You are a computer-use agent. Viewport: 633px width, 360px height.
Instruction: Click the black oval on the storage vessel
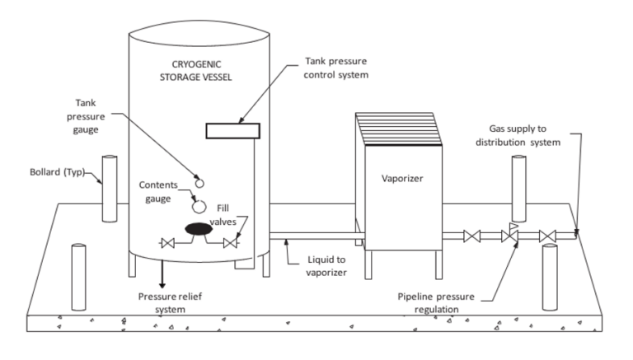click(199, 229)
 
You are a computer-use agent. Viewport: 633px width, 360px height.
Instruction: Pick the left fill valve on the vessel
click(168, 243)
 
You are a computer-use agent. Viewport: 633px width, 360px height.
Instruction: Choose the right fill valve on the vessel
click(230, 243)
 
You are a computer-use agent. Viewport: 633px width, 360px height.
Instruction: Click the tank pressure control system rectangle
click(234, 129)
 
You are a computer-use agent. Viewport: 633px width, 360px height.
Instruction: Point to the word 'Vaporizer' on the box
click(402, 178)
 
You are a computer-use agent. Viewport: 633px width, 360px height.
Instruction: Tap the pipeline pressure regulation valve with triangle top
click(510, 236)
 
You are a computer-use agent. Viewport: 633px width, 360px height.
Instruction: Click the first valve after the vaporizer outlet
click(471, 237)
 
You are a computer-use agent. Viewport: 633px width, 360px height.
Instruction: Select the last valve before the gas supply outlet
click(547, 237)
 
